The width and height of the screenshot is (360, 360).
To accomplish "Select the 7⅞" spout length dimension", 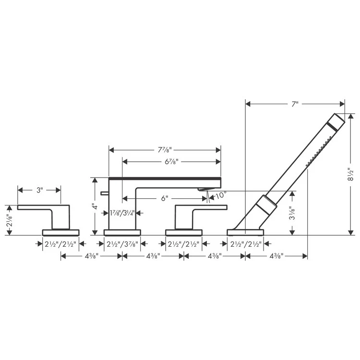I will (164, 150).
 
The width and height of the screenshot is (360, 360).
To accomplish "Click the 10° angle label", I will (221, 196).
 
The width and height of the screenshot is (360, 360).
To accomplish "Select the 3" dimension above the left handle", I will (39, 191).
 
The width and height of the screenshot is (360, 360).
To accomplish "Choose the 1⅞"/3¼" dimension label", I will (122, 213).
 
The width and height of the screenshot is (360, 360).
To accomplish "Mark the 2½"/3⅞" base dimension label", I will (122, 244).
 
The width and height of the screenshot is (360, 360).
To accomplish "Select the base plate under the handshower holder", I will (245, 233).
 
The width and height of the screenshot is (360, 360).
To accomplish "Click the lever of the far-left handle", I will (38, 207).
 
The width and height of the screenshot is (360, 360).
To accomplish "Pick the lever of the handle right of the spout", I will (206, 207).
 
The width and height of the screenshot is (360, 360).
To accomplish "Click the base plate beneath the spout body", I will (122, 233).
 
